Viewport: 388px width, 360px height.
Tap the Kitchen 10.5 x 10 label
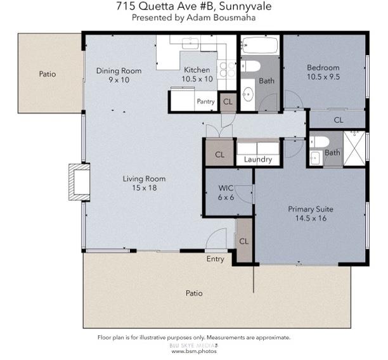click(197, 75)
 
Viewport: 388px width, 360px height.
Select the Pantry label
click(205, 101)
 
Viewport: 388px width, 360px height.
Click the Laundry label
click(257, 160)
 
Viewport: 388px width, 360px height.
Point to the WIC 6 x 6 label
click(226, 193)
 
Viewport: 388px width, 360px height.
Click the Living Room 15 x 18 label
click(139, 183)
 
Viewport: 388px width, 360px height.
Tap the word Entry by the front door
click(215, 259)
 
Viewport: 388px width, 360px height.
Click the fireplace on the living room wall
click(80, 182)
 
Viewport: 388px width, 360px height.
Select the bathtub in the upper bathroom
click(260, 46)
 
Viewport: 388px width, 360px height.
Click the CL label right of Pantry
click(228, 101)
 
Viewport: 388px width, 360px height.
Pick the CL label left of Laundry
click(219, 155)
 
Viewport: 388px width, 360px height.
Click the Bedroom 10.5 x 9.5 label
click(323, 72)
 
